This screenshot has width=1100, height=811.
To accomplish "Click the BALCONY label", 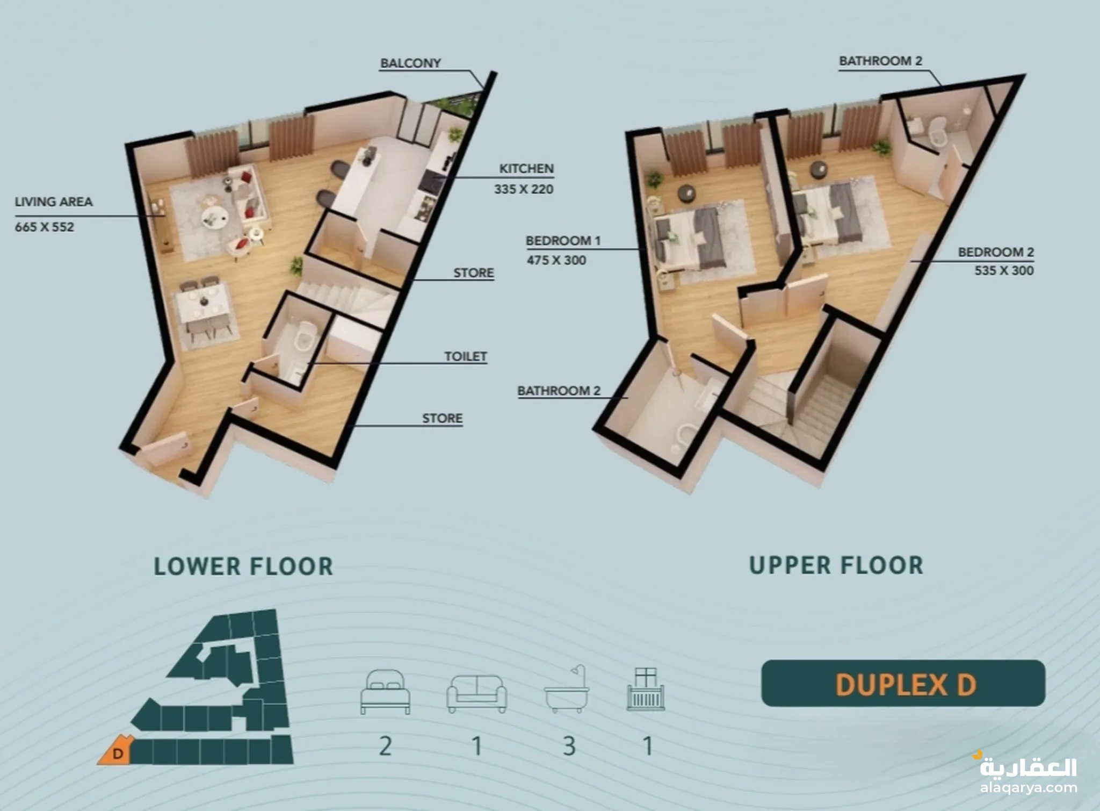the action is (410, 63).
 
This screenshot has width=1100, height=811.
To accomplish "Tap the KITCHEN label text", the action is (526, 168).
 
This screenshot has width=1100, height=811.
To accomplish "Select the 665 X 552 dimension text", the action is (45, 227).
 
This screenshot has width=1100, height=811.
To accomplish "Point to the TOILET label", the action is (465, 356).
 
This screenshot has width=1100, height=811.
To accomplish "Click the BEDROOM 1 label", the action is (563, 241).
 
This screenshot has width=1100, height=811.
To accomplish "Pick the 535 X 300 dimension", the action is (1004, 270).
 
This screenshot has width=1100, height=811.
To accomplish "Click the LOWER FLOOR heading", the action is (243, 566).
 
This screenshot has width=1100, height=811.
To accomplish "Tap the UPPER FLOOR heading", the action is (836, 565).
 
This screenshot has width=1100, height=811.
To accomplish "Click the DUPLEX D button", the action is (903, 683).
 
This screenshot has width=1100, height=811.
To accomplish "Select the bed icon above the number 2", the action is (385, 692).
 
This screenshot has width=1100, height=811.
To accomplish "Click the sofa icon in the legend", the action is (476, 693).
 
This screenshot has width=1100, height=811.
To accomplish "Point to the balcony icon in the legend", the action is (646, 690).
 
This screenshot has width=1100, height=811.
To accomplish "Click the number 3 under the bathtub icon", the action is (569, 746).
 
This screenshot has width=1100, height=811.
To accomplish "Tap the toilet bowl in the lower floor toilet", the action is (304, 334).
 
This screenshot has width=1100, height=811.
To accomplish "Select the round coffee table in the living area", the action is (214, 217).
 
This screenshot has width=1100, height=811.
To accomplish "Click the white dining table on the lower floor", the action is (204, 305).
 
